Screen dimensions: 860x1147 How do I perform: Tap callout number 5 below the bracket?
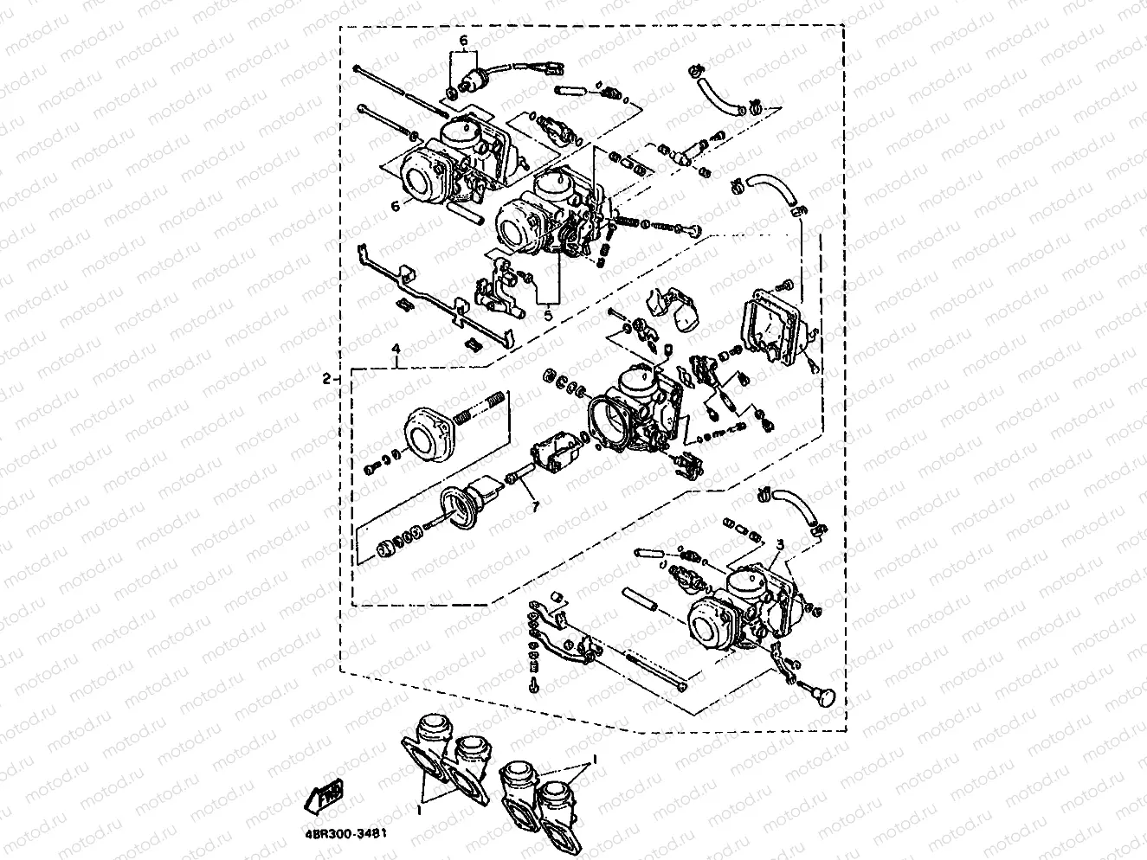pyautogui.click(x=547, y=316)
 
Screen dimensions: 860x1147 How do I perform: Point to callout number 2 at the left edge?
pyautogui.click(x=326, y=378)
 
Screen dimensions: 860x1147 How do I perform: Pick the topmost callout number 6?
pyautogui.click(x=463, y=41)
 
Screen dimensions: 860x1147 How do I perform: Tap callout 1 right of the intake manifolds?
pyautogui.click(x=595, y=757)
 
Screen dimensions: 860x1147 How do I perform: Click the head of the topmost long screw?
pyautogui.click(x=357, y=68)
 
